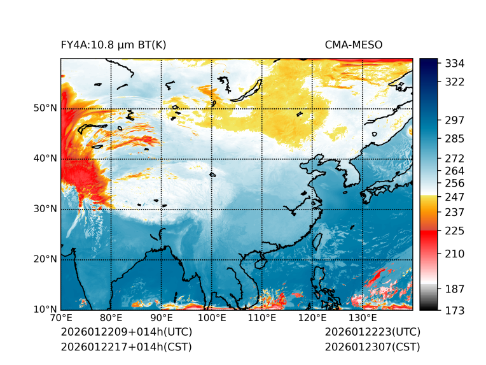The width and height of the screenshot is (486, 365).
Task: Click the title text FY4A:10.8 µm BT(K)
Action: (114, 45)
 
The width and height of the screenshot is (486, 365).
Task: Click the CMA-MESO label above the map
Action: (354, 45)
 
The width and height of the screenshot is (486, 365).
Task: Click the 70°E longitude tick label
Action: (61, 318)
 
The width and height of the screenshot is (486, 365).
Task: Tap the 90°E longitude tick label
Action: (162, 318)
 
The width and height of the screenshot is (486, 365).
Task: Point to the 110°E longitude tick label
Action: (261, 318)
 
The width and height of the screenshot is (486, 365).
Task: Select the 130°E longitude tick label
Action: (362, 318)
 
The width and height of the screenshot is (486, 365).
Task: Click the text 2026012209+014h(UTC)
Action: (126, 333)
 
